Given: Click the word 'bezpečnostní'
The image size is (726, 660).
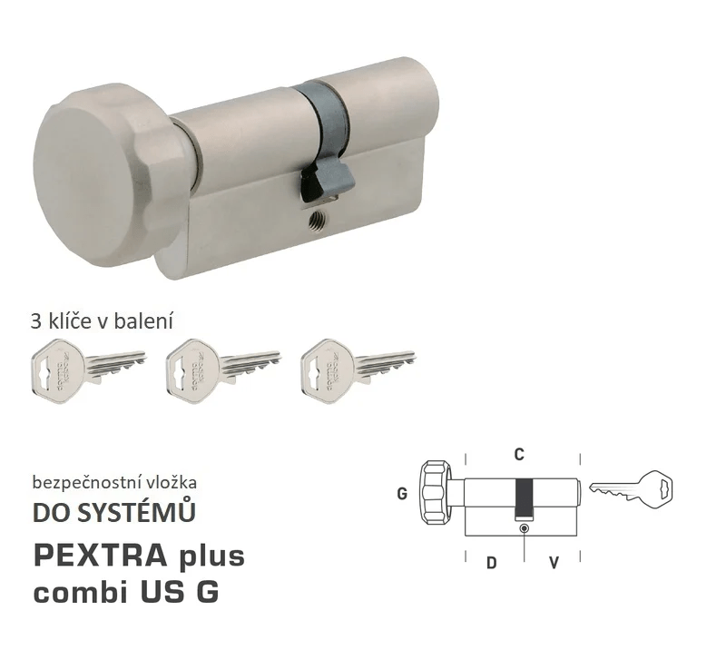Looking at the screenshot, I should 87,482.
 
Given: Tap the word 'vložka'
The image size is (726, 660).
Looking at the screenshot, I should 172,482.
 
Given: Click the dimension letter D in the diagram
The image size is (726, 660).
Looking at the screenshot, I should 491,563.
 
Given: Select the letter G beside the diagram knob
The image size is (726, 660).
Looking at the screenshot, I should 401,496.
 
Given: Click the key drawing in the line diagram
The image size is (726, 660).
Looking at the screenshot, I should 633,488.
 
